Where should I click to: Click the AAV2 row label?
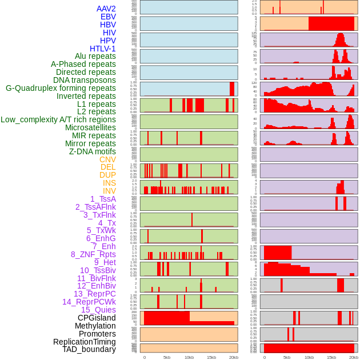106,9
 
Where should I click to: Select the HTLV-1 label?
102,49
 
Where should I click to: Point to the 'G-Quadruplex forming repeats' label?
61,88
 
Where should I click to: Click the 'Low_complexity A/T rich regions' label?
58,119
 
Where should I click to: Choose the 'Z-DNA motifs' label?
92,151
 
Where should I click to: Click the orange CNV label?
107,159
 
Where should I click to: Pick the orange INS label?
109,183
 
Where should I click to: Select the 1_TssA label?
103,199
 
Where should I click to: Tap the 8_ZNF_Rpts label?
93,254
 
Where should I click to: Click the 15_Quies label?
98,310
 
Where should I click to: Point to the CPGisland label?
97,318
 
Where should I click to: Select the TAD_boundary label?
89,349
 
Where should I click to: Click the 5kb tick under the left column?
167,357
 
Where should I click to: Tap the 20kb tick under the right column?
354,357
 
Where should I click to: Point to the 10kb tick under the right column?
309,357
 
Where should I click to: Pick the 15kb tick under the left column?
211,357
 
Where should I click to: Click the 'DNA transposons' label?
85,80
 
